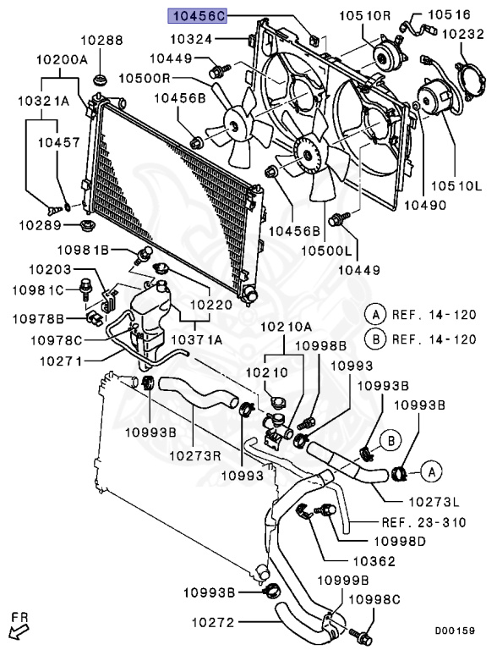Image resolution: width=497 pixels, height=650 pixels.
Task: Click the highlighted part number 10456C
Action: click(x=196, y=14)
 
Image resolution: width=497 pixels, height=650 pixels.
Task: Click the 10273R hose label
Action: click(x=195, y=455)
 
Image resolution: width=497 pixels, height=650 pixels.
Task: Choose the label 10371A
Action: click(x=197, y=339)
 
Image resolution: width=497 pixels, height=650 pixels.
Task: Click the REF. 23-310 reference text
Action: click(x=423, y=522)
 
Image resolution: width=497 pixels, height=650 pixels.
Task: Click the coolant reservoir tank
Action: click(x=145, y=317)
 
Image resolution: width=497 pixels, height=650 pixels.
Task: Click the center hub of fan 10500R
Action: click(x=232, y=124)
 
